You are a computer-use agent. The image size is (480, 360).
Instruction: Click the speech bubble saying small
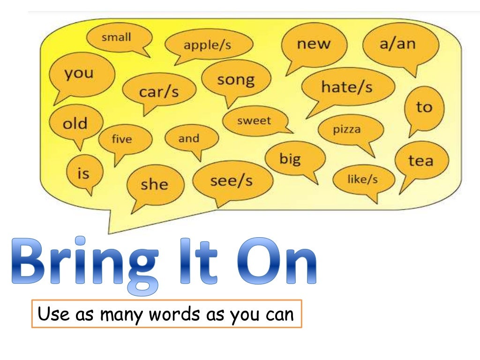point(117,37)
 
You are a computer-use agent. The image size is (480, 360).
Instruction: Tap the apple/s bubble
point(208,45)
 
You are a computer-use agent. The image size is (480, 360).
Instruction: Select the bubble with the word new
point(314,45)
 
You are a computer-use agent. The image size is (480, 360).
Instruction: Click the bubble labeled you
point(79,74)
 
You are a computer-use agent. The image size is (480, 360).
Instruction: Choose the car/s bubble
point(159,91)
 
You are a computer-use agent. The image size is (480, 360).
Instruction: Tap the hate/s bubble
point(347,87)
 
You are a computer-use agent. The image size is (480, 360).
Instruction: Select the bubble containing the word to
point(423,108)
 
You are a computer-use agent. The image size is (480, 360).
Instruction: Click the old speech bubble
point(75,124)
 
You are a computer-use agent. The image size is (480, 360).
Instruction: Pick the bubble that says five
point(122,139)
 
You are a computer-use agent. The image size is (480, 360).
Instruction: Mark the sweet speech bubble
point(254,121)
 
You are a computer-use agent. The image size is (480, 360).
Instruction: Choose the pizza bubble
point(347,129)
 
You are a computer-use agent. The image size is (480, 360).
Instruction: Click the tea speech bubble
point(421,161)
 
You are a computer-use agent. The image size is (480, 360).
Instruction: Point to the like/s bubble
point(363,179)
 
